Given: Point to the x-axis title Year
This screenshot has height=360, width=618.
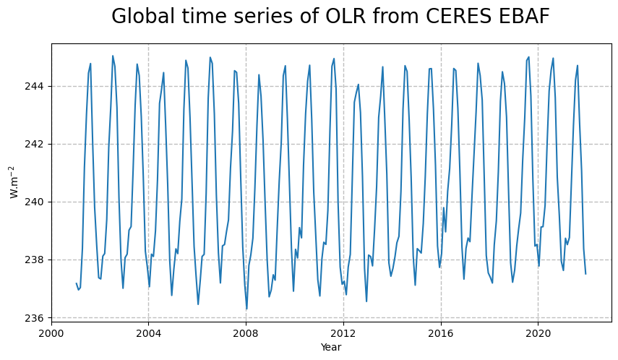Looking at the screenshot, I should (x=331, y=348).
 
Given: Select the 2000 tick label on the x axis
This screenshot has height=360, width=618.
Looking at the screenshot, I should (x=51, y=333).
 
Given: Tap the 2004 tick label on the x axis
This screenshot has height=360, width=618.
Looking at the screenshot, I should (x=148, y=333).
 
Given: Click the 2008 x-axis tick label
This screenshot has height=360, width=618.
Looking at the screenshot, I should (x=246, y=333).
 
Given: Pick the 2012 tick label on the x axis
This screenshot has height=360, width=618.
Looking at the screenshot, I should (x=343, y=333).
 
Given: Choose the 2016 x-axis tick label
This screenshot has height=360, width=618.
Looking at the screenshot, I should (x=441, y=333).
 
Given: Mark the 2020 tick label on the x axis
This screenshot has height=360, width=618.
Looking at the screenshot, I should (x=538, y=333).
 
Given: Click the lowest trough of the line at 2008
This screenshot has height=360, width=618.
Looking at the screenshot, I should (x=246, y=309).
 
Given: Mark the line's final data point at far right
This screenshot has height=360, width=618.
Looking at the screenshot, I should (x=585, y=273).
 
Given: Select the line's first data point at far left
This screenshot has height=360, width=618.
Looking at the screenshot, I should (x=76, y=283).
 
